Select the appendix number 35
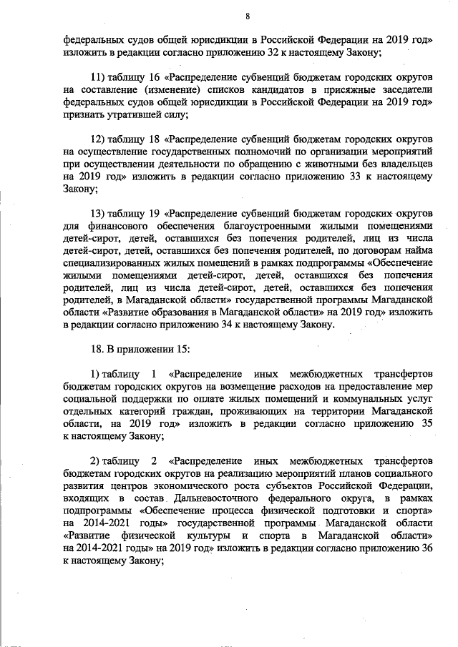point(426,424)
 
